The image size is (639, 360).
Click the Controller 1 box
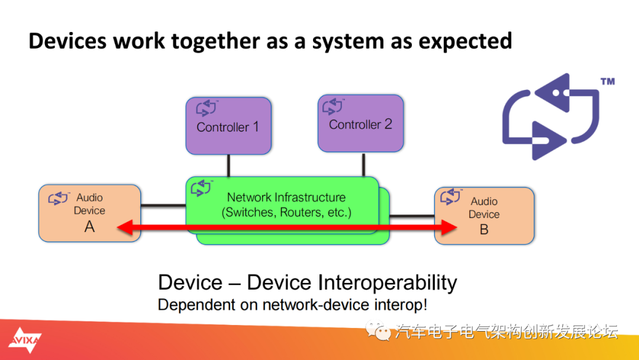tap(228, 126)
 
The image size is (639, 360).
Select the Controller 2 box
tap(361, 124)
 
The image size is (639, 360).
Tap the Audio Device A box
tap(90, 213)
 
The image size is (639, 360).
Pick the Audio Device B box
tap(484, 216)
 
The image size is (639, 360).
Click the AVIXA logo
tap(25, 340)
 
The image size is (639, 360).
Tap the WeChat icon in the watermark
tap(377, 330)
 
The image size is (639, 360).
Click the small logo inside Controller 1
tap(206, 108)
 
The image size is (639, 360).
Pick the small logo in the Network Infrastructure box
tap(202, 188)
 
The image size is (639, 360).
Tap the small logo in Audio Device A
tap(59, 198)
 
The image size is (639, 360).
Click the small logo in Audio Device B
tap(451, 196)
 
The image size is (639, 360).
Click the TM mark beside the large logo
tap(608, 82)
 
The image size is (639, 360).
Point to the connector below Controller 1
tap(228, 166)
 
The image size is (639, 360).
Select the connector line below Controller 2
tap(363, 165)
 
